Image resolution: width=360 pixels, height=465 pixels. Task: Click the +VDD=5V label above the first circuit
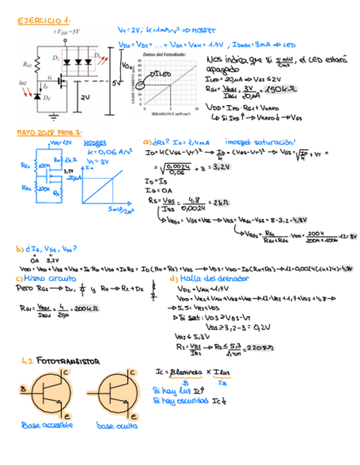click(x=66, y=31)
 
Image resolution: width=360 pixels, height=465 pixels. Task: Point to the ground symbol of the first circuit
click(x=54, y=116)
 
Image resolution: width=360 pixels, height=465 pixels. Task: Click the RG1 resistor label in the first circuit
click(x=27, y=64)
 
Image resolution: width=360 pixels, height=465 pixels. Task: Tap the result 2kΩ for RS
click(x=221, y=201)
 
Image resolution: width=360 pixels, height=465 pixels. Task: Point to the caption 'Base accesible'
click(x=46, y=426)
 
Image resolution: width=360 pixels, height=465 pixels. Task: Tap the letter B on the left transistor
click(x=23, y=389)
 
